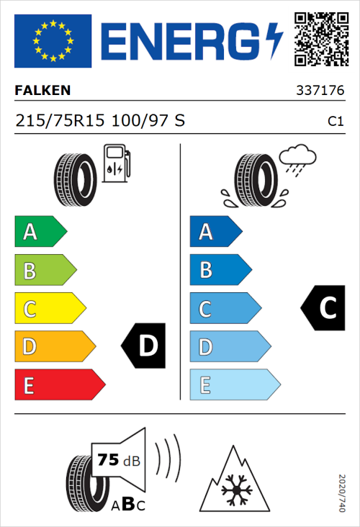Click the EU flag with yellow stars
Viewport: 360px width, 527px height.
(x=53, y=41)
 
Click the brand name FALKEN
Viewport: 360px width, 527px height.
(x=42, y=91)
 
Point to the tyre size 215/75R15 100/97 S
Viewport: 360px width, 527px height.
(x=100, y=121)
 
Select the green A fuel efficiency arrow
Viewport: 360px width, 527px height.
(x=40, y=232)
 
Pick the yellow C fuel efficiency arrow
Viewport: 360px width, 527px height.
(x=49, y=308)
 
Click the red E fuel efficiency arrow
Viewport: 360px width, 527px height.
(x=59, y=385)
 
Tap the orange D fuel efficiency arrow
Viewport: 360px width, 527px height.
(x=54, y=346)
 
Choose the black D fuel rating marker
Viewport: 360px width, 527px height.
(x=144, y=346)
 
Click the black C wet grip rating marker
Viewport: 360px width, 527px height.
(x=323, y=308)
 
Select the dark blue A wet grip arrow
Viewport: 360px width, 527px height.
(x=215, y=232)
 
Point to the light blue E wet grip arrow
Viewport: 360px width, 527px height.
(x=234, y=385)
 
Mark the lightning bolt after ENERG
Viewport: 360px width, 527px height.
(x=274, y=41)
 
